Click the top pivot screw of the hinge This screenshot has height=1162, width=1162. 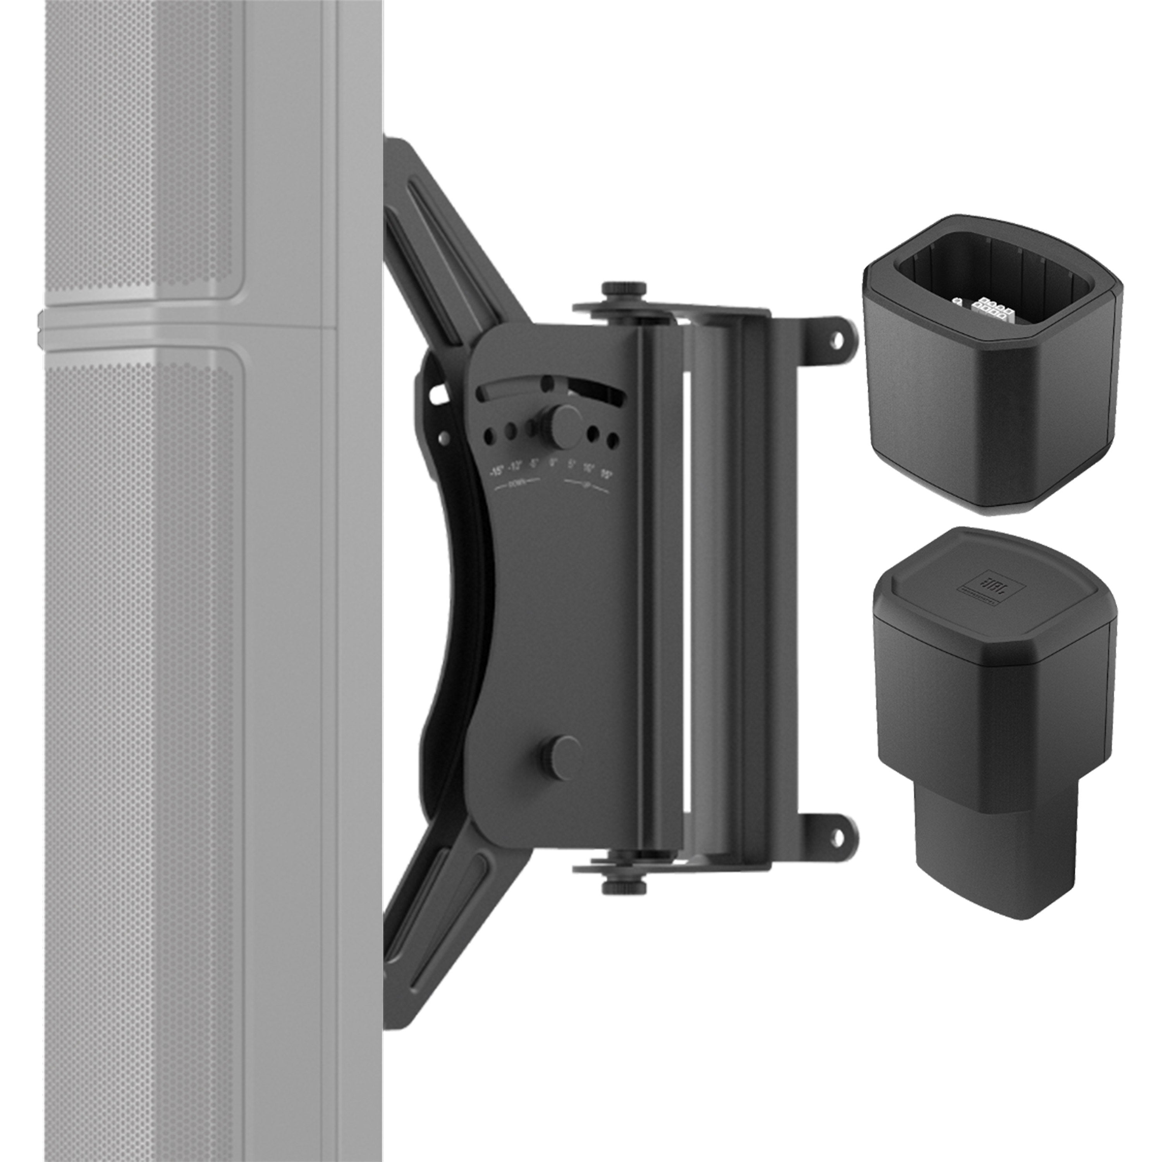click(x=623, y=289)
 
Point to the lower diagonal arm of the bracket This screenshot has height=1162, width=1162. click(x=445, y=908)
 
